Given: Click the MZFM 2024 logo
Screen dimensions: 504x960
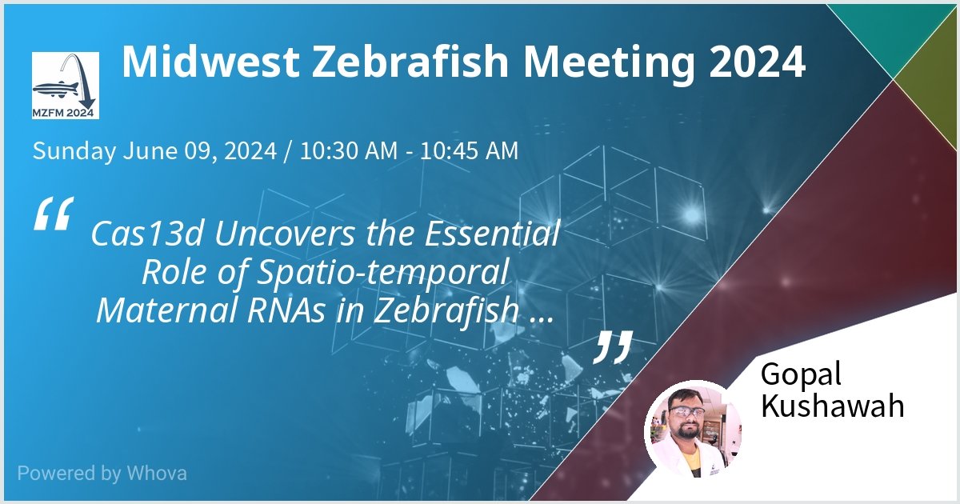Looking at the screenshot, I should coord(66,86).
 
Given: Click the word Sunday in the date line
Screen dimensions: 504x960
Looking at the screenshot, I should coord(74,150).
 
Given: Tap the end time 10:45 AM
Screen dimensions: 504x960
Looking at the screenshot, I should coord(468,150).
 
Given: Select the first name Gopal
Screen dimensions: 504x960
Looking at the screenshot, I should coord(800,374).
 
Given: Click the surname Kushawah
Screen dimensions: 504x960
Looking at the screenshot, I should coord(832,406).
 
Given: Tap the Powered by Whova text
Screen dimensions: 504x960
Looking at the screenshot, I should coord(102,473).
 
